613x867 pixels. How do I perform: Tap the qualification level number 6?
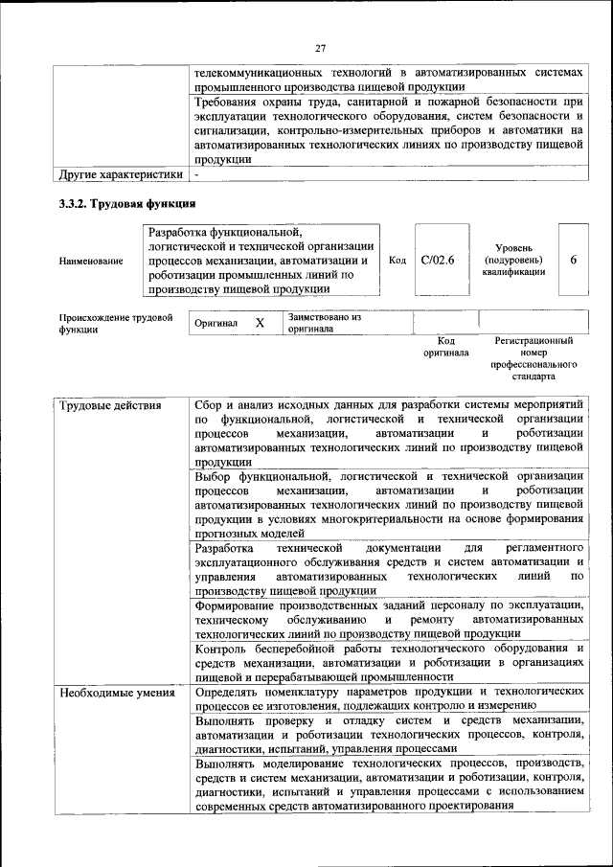[573, 259]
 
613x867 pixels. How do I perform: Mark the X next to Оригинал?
[260, 324]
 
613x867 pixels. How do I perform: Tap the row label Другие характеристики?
[120, 175]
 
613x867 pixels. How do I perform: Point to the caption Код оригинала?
[445, 346]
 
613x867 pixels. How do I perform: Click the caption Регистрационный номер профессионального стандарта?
[534, 358]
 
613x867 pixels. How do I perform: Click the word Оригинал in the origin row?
[216, 324]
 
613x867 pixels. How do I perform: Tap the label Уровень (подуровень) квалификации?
[514, 260]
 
